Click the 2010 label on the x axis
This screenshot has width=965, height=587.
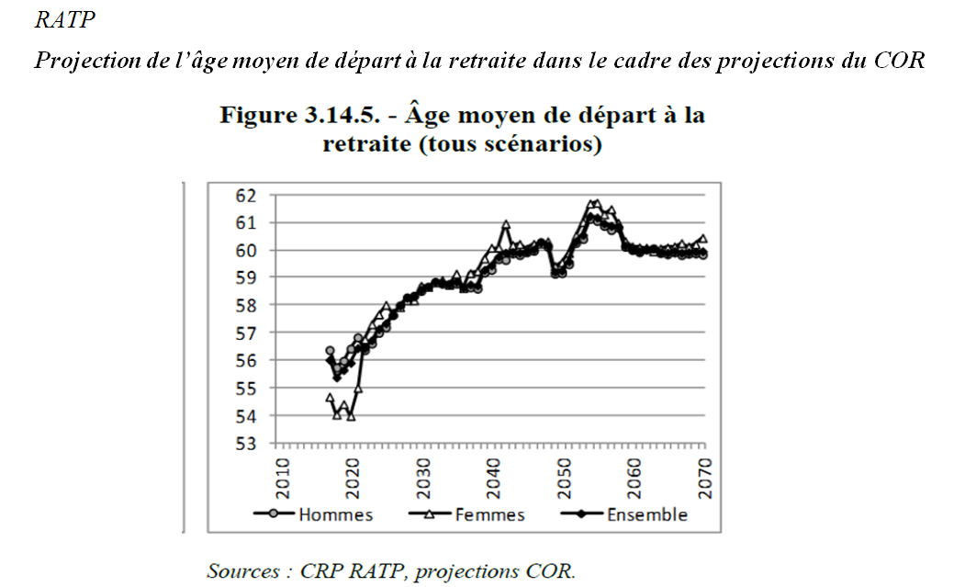283,477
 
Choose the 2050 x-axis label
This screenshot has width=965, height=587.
565,477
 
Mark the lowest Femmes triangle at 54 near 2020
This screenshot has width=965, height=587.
351,415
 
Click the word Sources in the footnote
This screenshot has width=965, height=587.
243,570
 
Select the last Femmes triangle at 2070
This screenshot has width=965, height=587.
703,239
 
